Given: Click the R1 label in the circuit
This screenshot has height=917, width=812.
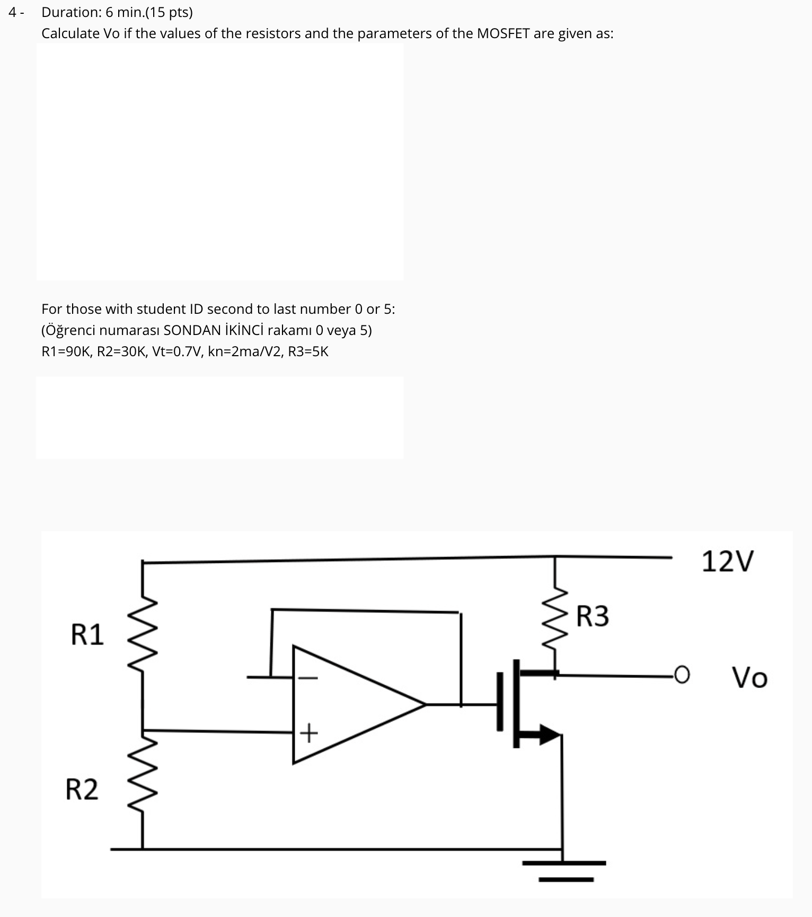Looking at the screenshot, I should click(x=87, y=634).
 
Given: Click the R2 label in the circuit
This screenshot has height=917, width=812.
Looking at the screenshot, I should click(x=82, y=789).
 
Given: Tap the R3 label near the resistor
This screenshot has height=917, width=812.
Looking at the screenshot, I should click(x=593, y=616).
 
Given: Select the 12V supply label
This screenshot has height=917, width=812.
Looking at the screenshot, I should click(x=727, y=561).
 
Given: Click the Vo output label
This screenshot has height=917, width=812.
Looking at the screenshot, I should click(x=749, y=677).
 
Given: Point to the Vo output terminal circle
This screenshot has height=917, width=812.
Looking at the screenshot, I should click(x=683, y=675).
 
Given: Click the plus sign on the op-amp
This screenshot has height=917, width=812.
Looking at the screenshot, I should click(x=308, y=734).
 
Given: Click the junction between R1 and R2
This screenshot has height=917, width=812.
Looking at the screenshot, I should click(x=143, y=730).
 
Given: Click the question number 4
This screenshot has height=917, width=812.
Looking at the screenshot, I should click(x=12, y=12).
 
